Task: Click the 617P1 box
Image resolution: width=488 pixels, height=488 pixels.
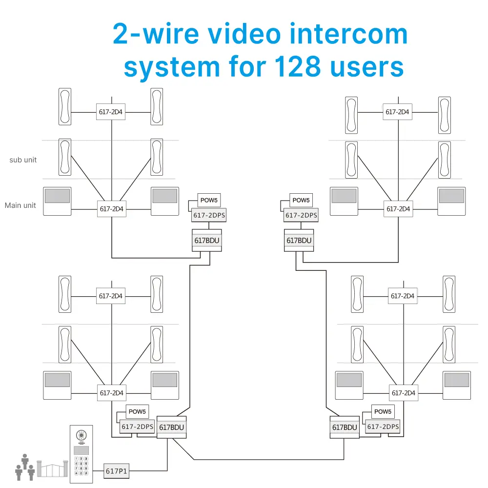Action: pos(117,471)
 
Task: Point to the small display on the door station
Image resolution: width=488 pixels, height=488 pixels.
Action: pos(81,449)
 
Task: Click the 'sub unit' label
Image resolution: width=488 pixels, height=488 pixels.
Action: pos(23,160)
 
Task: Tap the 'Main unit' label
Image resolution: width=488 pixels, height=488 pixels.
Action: pos(20,205)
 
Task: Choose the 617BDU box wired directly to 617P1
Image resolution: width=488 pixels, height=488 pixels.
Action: pos(172,427)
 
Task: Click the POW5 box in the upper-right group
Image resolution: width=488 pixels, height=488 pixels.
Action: pos(301,200)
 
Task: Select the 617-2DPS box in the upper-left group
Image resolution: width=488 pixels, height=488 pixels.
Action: pos(209,215)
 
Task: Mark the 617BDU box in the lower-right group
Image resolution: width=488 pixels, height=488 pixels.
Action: pos(345,427)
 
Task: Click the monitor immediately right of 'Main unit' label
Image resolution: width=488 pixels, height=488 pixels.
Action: pos(57,201)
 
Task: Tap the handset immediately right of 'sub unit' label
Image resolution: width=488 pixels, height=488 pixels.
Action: pos(65,157)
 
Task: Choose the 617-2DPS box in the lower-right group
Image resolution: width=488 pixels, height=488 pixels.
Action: pos(383,427)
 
